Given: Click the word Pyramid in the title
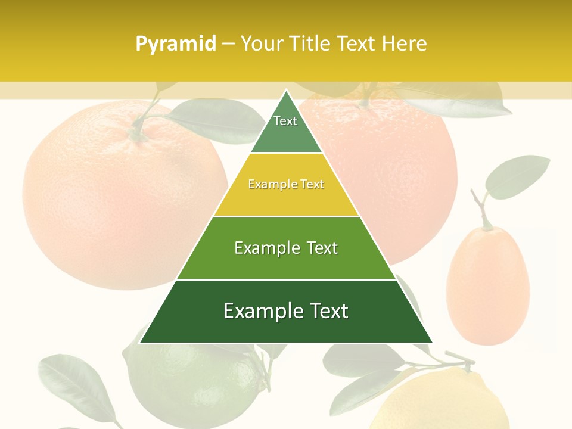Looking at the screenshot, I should point(176,44).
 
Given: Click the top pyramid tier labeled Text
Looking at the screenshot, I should point(285,128).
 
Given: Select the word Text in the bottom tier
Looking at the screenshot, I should point(324,311).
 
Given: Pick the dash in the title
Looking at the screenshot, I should point(228,44).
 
